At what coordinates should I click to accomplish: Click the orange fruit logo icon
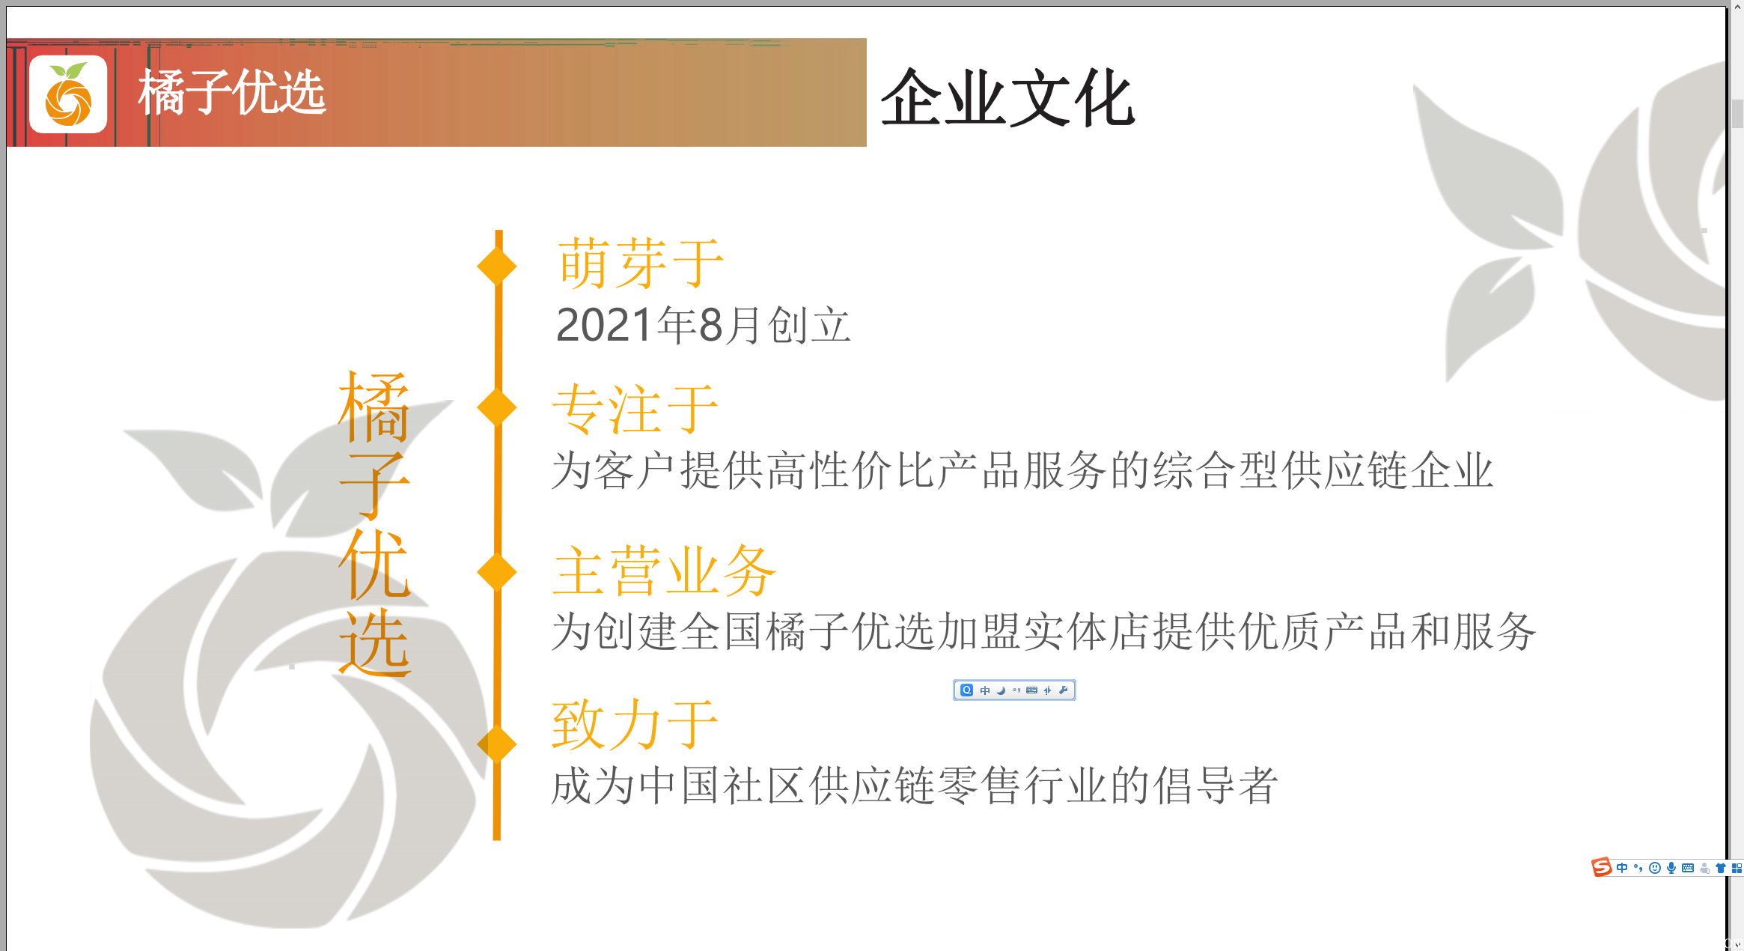[68, 94]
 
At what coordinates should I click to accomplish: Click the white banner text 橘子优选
[232, 93]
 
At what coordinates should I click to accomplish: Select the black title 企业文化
[1007, 98]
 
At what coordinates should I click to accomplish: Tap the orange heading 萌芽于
[641, 263]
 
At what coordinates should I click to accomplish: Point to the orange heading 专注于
[635, 409]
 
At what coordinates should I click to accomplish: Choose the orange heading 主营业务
[664, 571]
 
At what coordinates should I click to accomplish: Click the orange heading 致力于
[635, 724]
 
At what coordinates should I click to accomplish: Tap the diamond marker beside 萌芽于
[497, 266]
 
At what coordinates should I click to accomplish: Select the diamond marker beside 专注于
[497, 407]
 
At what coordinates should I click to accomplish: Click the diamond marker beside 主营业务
[497, 572]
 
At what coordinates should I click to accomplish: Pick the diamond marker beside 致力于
[497, 744]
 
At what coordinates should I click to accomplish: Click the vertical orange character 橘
[374, 408]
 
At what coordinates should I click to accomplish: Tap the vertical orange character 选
[374, 642]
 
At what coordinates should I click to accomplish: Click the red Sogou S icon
[1601, 867]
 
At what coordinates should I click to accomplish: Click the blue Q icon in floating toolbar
[967, 690]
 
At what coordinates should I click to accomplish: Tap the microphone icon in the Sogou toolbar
[1671, 868]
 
